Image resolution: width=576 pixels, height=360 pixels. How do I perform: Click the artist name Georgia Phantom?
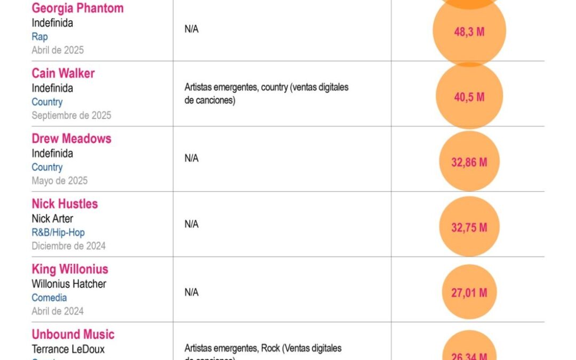coord(77,9)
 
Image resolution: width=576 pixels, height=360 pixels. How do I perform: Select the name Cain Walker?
coord(63,74)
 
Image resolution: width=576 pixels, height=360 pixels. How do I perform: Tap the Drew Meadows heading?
coord(71,139)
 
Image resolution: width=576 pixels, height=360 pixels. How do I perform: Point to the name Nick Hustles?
coord(65,204)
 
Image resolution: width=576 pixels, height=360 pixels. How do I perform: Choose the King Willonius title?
coord(70,269)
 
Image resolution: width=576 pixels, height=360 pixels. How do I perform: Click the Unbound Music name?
coord(73,334)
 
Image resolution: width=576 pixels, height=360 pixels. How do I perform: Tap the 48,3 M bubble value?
coord(469,32)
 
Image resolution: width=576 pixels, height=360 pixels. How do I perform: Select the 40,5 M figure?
coord(469,97)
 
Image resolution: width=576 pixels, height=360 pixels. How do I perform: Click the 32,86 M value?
coord(469,162)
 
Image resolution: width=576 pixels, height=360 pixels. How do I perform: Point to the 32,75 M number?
coord(469,227)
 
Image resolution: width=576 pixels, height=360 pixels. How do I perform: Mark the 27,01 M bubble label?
coord(469,292)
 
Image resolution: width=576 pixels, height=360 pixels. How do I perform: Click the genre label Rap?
coord(39,37)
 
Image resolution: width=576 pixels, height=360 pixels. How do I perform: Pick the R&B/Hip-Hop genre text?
coord(58,233)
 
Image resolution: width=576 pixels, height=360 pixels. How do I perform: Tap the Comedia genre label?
coord(49,298)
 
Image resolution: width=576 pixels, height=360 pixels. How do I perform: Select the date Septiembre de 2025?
coord(71,115)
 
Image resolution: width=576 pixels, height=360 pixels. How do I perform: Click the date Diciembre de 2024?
coord(68,246)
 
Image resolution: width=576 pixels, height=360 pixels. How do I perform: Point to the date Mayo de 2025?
coord(60,181)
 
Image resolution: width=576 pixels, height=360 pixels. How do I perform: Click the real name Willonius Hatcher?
coord(69,284)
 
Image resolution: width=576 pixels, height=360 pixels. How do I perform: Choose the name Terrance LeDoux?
coord(68,349)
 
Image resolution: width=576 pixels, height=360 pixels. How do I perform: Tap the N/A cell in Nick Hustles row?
coord(191,225)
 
